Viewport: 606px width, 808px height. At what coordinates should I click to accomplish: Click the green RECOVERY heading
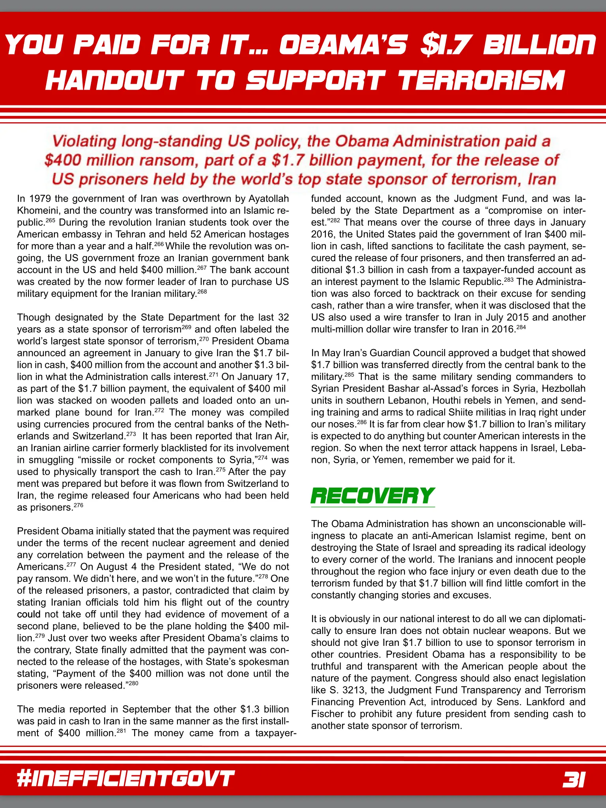(372, 496)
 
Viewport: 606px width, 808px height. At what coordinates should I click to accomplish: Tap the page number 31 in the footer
(574, 779)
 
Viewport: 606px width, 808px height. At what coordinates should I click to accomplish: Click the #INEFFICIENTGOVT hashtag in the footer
(125, 779)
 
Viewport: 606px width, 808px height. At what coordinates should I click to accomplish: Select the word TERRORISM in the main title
(481, 80)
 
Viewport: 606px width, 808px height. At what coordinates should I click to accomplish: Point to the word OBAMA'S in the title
(342, 45)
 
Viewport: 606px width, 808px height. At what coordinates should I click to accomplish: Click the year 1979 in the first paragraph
(40, 199)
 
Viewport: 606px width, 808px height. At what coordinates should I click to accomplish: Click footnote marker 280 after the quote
(134, 683)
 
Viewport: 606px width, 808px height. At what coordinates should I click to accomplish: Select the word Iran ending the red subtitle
(542, 180)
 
